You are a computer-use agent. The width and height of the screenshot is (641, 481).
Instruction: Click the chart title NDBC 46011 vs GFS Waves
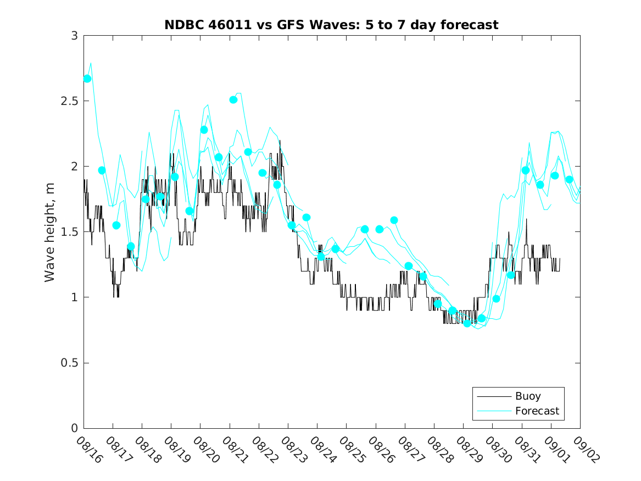[331, 25]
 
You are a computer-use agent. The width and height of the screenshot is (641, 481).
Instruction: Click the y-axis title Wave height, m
[50, 232]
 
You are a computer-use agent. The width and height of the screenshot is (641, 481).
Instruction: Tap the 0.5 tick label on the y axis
[70, 363]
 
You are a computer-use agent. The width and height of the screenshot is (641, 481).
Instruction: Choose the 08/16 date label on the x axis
[90, 450]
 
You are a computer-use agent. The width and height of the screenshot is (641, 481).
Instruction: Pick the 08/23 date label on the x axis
[294, 450]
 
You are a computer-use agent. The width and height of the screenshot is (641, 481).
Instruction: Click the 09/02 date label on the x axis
[586, 450]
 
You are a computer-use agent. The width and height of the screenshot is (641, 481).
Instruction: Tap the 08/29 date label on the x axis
[469, 450]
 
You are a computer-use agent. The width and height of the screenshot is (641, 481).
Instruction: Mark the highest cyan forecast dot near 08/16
[87, 79]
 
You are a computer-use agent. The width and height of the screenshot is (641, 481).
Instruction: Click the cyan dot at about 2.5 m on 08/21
[233, 99]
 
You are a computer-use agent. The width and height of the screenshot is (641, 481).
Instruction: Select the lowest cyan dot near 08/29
[467, 323]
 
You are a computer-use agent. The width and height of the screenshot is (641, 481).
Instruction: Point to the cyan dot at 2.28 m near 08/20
[204, 130]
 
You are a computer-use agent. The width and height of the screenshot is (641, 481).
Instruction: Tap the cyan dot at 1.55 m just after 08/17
[116, 225]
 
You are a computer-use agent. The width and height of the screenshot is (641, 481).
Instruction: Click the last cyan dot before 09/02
[570, 179]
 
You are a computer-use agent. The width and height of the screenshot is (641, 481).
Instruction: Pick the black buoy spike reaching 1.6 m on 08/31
[526, 220]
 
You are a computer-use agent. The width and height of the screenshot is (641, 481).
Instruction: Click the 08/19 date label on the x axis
[177, 450]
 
